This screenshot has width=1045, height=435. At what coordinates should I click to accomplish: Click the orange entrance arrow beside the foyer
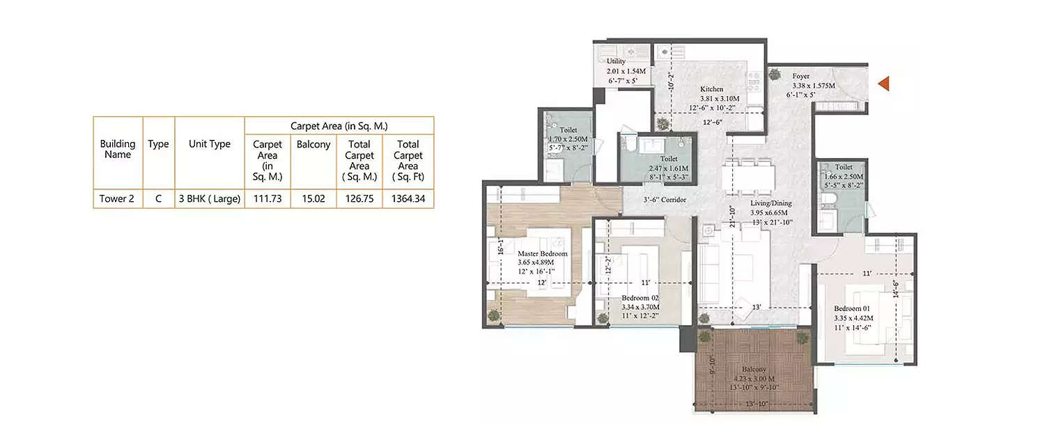pyautogui.click(x=884, y=84)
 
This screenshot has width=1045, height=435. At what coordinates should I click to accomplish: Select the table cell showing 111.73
pyautogui.click(x=268, y=199)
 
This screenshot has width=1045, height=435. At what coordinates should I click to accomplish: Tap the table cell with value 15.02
pyautogui.click(x=313, y=199)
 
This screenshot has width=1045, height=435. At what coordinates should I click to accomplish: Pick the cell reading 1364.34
pyautogui.click(x=408, y=199)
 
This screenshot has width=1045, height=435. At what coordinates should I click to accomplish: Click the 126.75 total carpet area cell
pyautogui.click(x=359, y=199)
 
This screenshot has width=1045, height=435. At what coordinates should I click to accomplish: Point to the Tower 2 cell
pyautogui.click(x=117, y=199)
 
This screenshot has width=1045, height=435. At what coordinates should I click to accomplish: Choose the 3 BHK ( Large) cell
pyautogui.click(x=210, y=199)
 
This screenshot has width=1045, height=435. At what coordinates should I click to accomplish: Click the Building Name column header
pyautogui.click(x=118, y=149)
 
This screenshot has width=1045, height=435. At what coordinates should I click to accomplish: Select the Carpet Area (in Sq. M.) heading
pyautogui.click(x=339, y=126)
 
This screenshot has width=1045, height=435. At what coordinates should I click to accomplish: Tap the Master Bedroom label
pyautogui.click(x=542, y=254)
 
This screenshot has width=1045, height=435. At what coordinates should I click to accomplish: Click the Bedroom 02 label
pyautogui.click(x=640, y=297)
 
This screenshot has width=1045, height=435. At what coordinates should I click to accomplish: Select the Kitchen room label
pyautogui.click(x=712, y=89)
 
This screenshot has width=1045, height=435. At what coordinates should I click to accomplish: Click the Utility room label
pyautogui.click(x=616, y=61)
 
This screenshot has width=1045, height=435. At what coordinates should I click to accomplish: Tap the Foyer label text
pyautogui.click(x=800, y=77)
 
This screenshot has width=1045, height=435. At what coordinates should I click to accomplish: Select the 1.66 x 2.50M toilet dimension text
pyautogui.click(x=843, y=177)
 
